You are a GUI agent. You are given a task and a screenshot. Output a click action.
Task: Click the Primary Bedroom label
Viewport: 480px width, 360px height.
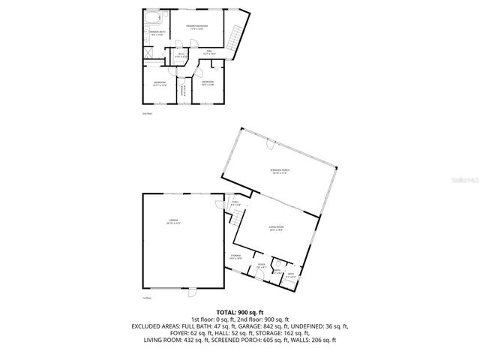[x=196, y=26]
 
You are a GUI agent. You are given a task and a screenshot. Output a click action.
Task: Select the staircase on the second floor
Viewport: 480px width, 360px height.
[x=238, y=34]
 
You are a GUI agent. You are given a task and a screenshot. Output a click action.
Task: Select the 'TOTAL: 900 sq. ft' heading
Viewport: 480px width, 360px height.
[x=240, y=311]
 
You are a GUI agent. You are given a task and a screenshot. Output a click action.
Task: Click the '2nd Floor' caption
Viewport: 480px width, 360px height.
[x=147, y=113]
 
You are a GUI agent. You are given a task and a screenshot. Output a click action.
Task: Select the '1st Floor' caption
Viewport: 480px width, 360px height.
[x=147, y=298]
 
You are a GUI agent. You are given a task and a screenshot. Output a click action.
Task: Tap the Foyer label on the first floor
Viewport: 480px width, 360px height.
[x=262, y=265]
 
